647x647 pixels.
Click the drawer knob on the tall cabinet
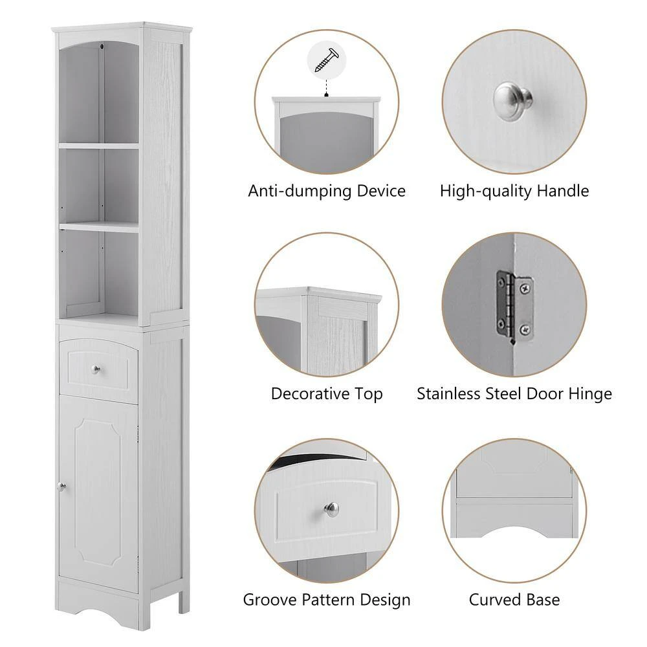[x=96, y=369]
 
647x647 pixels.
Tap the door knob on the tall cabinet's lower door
[x=60, y=487]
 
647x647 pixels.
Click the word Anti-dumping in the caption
[x=286, y=192]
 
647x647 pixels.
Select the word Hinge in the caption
[x=587, y=394]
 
